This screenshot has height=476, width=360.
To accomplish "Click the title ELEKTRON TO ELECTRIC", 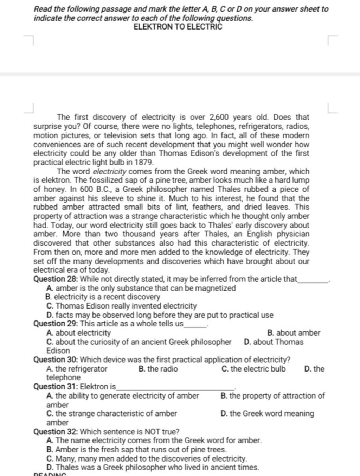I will tap(178, 27).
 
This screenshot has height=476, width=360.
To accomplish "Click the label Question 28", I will tap(56, 279).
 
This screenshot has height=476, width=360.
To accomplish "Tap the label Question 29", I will tap(56, 324).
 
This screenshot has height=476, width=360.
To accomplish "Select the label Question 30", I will tap(56, 360).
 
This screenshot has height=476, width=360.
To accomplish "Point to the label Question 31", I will tap(56, 387).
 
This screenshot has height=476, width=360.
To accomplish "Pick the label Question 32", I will tap(56, 432).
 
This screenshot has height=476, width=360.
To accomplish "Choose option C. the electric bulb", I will tap(254, 369).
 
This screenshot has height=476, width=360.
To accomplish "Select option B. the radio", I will tap(158, 369).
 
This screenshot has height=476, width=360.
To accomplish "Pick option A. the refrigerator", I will tap(77, 369).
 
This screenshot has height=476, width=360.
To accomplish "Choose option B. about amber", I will tap(294, 333).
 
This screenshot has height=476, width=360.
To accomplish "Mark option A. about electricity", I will tap(78, 333).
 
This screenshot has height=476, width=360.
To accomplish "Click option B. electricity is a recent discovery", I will tap(103, 297).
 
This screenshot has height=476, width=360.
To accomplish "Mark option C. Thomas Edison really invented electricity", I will tap(121, 306).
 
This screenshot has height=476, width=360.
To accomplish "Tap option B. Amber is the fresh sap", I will tap(136, 450).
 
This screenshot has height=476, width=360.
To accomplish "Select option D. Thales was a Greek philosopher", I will tap(153, 468).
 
